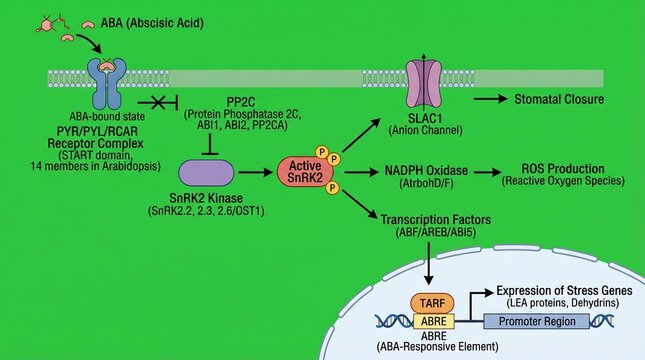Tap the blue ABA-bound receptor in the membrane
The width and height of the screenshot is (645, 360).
(x=104, y=81)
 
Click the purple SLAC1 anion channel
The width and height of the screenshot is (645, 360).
(x=425, y=82)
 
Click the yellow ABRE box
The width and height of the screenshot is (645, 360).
(x=432, y=322)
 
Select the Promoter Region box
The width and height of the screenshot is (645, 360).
(x=535, y=322)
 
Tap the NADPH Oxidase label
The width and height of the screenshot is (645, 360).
(x=422, y=170)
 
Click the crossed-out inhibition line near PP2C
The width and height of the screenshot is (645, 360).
(x=157, y=102)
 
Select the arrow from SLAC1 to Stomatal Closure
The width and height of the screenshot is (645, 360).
(x=487, y=100)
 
